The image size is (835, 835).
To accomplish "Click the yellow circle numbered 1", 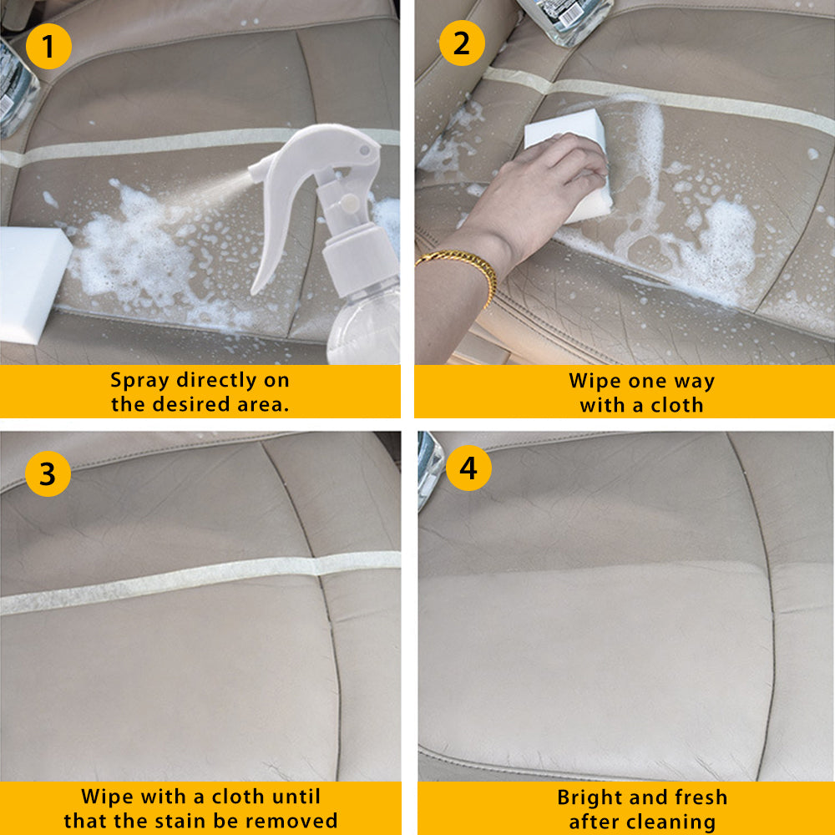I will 48,46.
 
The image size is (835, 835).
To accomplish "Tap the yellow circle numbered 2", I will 462,43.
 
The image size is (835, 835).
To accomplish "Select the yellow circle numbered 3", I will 48,473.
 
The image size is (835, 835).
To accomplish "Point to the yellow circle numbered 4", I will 468,468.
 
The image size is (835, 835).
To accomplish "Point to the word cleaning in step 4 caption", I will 669,822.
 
